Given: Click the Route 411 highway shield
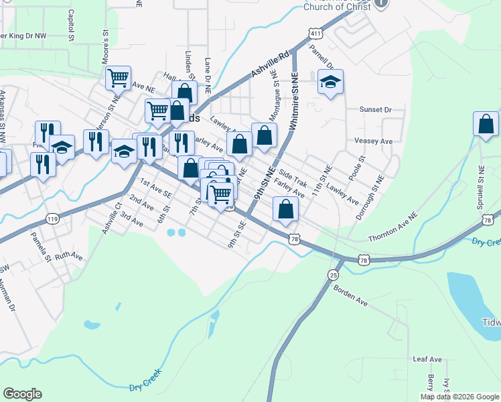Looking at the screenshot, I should (314, 33).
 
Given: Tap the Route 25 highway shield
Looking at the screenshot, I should (334, 274).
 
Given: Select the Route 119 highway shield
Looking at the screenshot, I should (53, 218).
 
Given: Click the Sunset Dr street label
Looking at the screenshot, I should (374, 109).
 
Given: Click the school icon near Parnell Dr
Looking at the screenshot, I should (330, 82).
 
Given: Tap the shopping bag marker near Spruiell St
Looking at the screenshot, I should (486, 125).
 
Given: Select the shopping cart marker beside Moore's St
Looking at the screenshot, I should (118, 78).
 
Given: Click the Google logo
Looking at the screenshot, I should (22, 394).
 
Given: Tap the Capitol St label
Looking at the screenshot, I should (70, 25).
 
